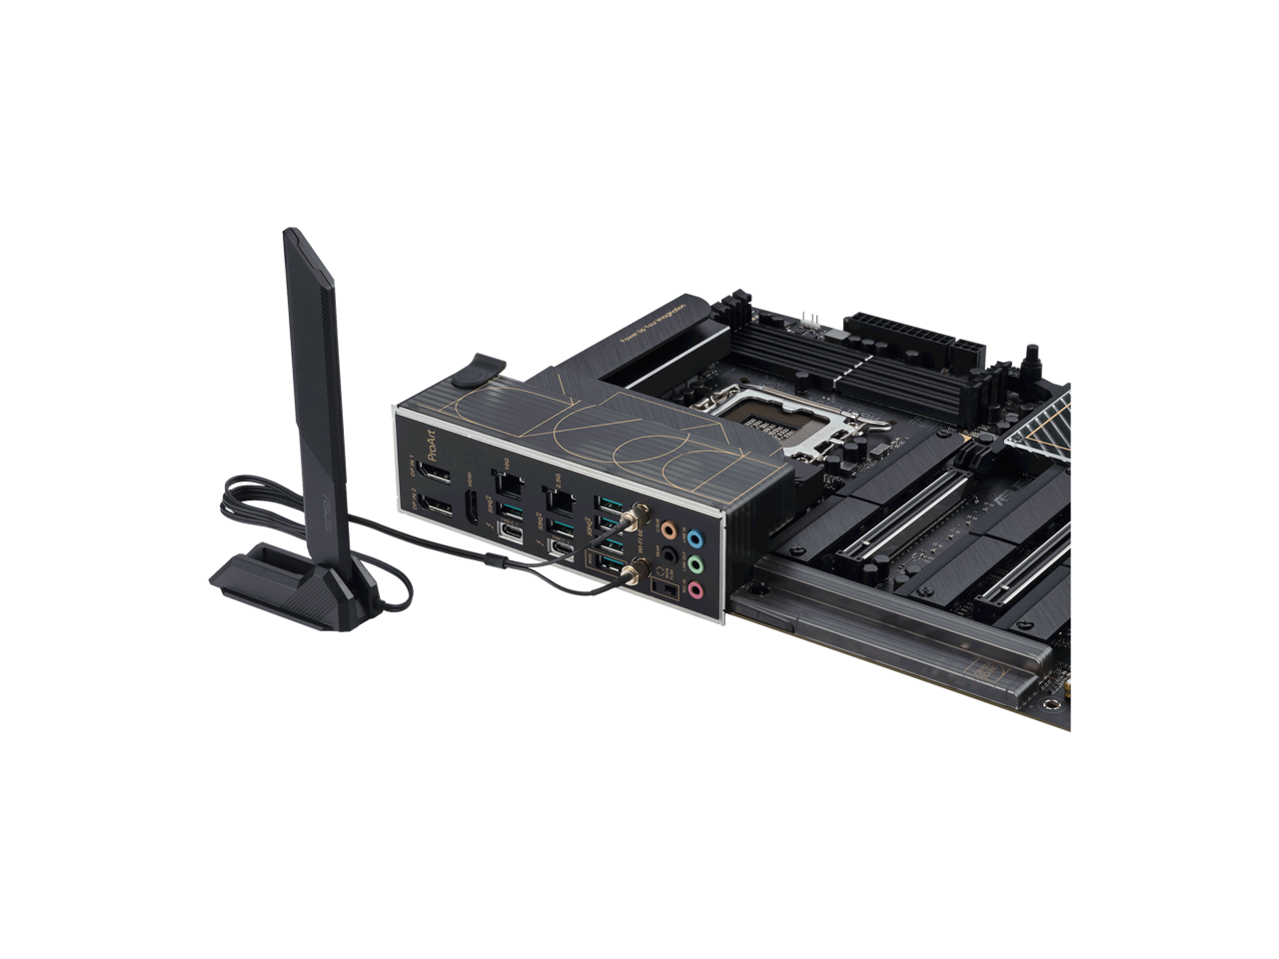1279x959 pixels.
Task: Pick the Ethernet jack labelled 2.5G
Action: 558,496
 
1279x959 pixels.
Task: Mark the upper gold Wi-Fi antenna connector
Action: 632,520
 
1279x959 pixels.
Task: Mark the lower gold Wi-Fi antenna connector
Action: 633,572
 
